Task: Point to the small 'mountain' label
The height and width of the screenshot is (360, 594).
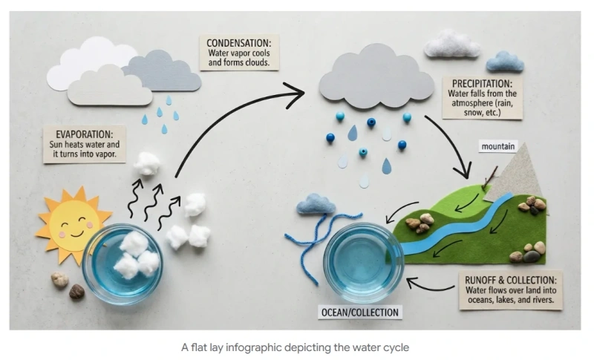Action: [x=497, y=147]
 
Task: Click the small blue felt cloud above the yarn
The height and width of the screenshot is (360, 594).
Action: [x=316, y=204]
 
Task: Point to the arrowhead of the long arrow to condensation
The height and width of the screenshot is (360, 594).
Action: [x=297, y=94]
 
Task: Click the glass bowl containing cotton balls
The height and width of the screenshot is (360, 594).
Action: [x=122, y=263]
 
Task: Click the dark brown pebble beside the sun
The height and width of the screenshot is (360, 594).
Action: [x=76, y=292]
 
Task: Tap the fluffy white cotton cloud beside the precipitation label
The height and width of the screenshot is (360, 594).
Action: [x=453, y=45]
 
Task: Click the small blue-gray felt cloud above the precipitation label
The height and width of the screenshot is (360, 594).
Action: [x=505, y=62]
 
